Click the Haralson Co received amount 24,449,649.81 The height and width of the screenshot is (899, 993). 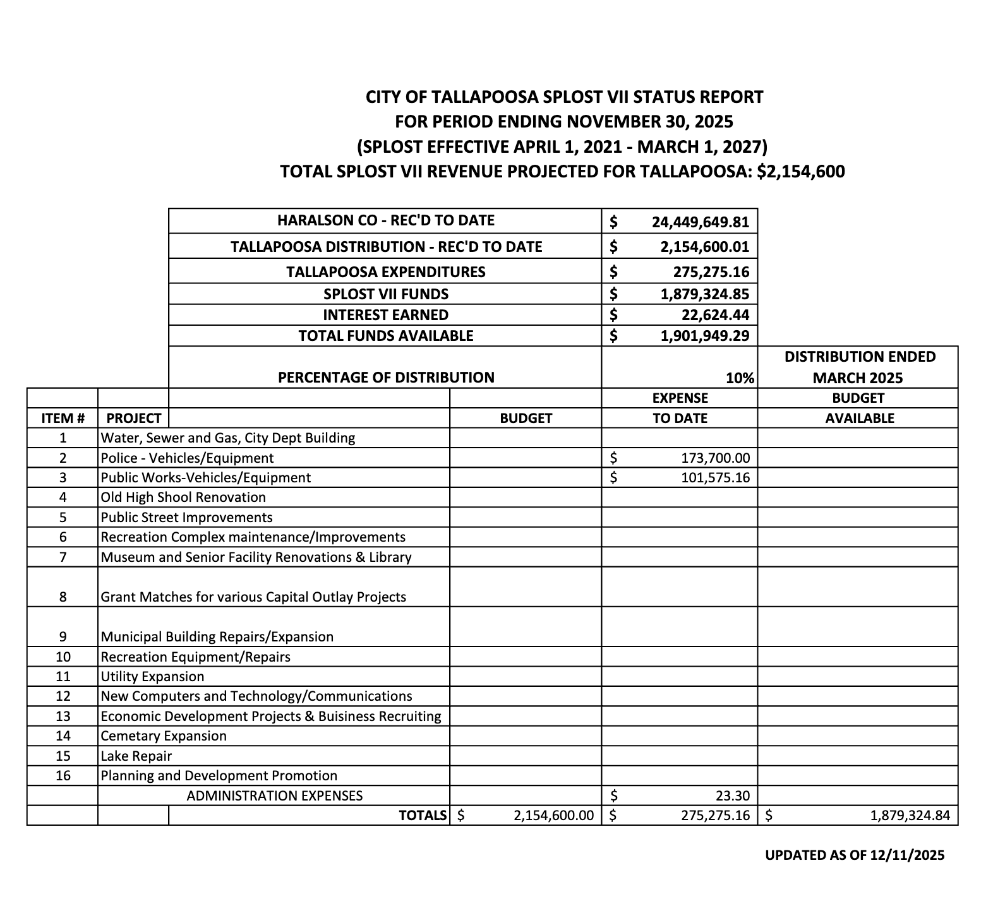pos(700,222)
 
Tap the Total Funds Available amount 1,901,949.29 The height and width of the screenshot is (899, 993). pos(704,336)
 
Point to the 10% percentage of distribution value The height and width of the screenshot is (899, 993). pos(740,378)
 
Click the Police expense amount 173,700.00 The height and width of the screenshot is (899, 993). pos(715,458)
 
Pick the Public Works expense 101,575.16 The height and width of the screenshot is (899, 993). pos(715,477)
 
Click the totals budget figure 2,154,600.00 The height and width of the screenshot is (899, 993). pos(553,815)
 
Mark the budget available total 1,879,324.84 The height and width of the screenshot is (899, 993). pos(910,815)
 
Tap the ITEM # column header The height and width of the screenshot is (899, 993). pos(63,418)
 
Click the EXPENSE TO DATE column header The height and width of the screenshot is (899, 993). pos(680,408)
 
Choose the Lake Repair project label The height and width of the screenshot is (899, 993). pos(136,756)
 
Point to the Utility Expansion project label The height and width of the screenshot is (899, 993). pos(152,676)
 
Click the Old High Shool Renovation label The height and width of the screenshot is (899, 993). pos(183,497)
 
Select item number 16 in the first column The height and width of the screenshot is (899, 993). pos(63,775)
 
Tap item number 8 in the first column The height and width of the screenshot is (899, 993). pos(63,597)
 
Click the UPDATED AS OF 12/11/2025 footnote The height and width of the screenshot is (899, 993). pos(855,855)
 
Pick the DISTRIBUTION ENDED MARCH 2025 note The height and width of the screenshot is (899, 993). pos(859,367)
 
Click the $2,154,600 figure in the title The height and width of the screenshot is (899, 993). pos(800,172)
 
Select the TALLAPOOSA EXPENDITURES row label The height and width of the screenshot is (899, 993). pos(385,272)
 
